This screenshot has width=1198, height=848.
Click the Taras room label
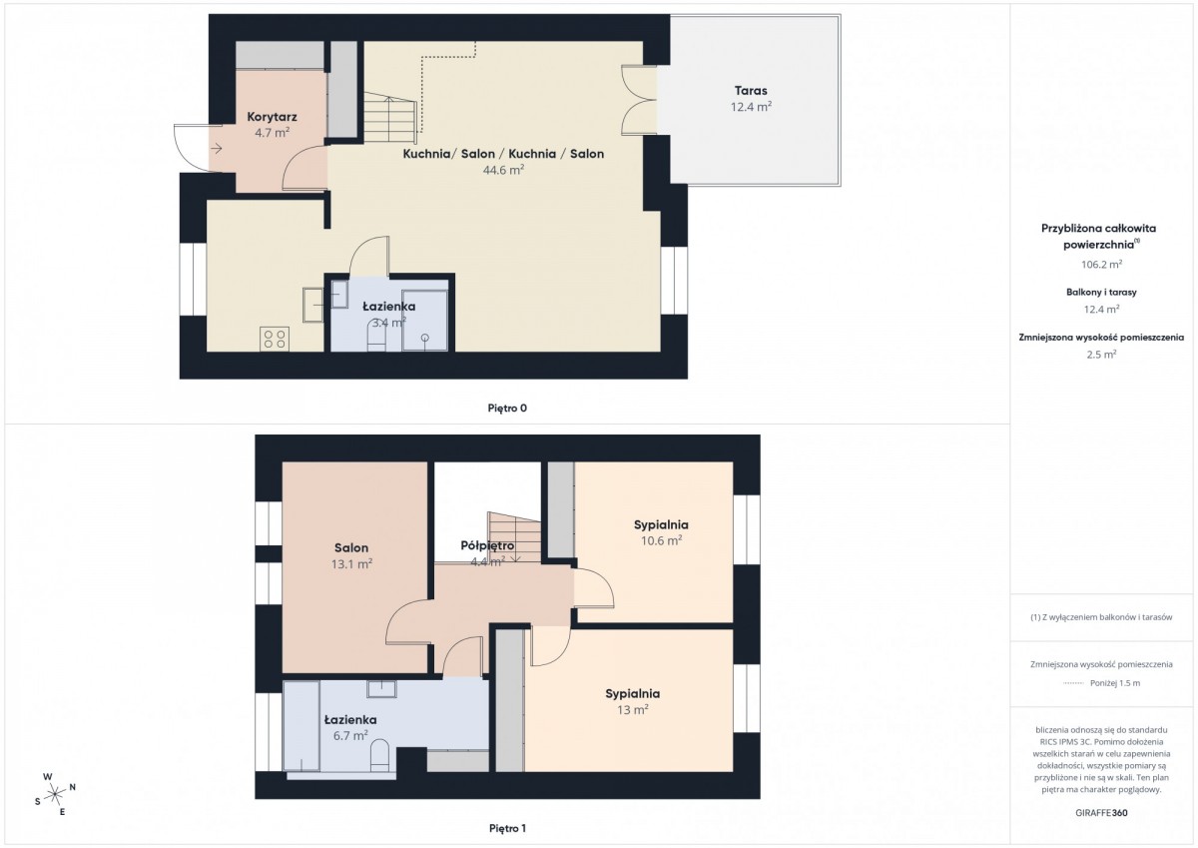click(x=751, y=91)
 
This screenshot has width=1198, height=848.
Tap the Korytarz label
click(x=272, y=117)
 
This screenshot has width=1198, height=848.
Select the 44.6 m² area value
click(x=503, y=170)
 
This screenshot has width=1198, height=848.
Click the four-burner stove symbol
click(x=275, y=340)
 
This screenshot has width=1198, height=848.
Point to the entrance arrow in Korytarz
click(x=217, y=148)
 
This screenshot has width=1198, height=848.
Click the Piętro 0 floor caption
click(x=507, y=409)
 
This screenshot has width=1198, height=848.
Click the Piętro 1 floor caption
click(x=507, y=828)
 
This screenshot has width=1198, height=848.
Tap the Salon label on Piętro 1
click(x=351, y=548)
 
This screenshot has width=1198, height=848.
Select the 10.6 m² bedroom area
click(x=661, y=541)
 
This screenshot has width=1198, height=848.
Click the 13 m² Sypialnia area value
click(x=633, y=710)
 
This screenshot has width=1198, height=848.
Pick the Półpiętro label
click(x=487, y=545)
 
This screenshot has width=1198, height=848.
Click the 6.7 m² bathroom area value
click(x=350, y=736)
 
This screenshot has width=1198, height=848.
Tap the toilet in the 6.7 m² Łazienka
click(x=379, y=755)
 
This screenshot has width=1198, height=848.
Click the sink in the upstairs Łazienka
click(x=381, y=689)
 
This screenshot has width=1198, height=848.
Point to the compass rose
click(x=55, y=794)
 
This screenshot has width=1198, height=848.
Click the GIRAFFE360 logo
click(x=1101, y=813)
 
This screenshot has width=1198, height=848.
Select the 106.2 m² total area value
click(x=1101, y=265)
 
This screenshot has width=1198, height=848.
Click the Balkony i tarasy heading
click(x=1101, y=292)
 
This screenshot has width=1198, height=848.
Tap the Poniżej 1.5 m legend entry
click(x=1115, y=683)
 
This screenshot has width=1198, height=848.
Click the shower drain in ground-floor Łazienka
click(x=424, y=338)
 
